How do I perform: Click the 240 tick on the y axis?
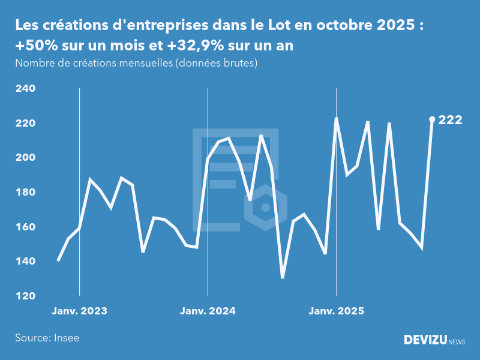click(x=25, y=89)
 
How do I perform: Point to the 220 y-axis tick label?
click(x=25, y=124)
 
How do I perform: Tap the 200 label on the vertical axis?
click(x=25, y=158)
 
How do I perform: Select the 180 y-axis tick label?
click(x=25, y=193)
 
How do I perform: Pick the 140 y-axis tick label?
click(x=25, y=262)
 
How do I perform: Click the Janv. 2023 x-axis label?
click(x=79, y=311)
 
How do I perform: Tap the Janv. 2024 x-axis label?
click(x=208, y=311)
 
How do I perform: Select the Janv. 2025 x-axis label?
click(x=336, y=311)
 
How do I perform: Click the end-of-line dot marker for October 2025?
click(x=432, y=119)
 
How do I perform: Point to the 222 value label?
click(x=450, y=120)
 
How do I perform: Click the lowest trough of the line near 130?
click(x=282, y=278)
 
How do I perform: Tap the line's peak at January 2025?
click(x=336, y=118)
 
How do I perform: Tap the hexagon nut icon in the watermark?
click(x=265, y=208)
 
